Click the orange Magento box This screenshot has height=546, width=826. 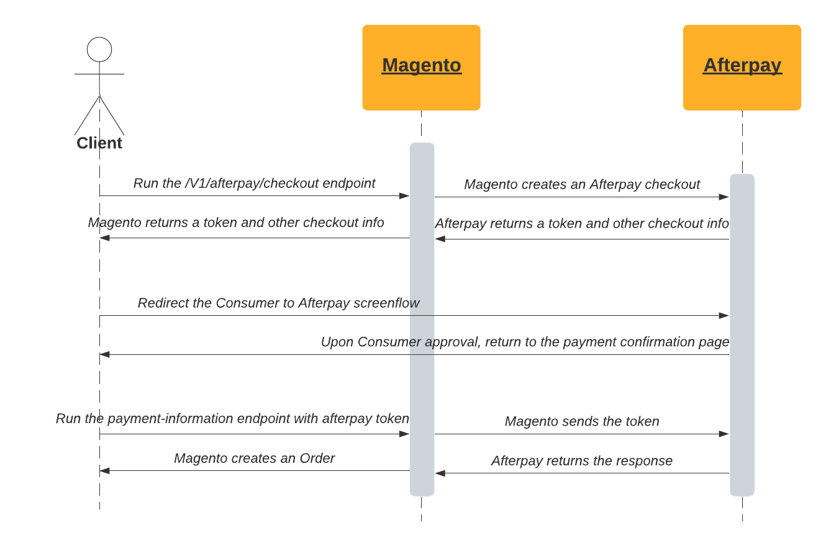421,68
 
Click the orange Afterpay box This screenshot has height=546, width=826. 742,68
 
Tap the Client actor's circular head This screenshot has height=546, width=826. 99,50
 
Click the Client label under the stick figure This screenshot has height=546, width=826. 99,143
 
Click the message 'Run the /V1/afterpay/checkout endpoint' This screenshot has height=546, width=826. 254,184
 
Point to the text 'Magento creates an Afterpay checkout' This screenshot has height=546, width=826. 582,185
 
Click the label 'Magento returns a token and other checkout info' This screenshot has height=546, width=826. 236,223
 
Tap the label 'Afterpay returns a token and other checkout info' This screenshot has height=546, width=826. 582,224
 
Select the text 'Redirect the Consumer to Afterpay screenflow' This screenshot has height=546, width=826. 278,303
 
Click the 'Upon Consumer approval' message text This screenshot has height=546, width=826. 525,342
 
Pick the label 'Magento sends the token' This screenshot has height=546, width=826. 582,422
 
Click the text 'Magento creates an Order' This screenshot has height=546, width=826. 254,459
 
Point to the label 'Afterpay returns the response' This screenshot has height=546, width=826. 582,461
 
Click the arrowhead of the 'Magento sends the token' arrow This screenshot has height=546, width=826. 724,434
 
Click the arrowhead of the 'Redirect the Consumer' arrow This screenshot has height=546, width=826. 724,316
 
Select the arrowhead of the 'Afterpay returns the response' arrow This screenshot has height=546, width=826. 440,473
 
